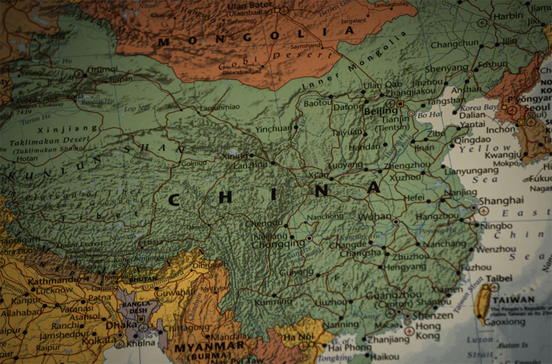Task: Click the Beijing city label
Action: pos(381,111)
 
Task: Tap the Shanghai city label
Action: pos(501,200)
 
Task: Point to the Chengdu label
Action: pos(264,223)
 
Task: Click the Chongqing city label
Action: pos(278,243)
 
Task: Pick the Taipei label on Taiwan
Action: pos(500,278)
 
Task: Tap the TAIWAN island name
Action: pos(513,300)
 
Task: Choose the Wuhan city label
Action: pos(375,217)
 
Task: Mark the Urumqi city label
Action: pos(103,69)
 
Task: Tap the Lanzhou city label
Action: pos(250,165)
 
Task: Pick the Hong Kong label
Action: pos(428,331)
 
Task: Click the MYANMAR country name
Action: pos(209,347)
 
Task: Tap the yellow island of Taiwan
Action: pos(482,302)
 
